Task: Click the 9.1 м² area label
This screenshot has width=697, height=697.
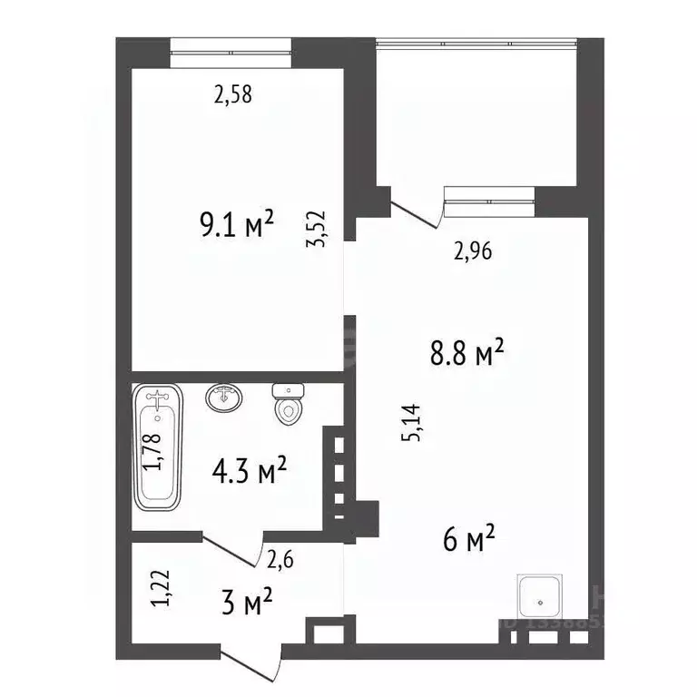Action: point(237,223)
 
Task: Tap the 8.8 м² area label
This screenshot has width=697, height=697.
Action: point(466,352)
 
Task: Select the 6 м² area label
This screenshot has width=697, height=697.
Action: point(468,541)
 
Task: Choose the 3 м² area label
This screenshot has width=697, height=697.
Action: point(247,601)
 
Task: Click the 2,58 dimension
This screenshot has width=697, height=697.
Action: point(232,93)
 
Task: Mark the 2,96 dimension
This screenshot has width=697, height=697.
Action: point(472,252)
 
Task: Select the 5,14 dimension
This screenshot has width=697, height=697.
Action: point(414,423)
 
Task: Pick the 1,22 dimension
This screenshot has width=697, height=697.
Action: point(161,588)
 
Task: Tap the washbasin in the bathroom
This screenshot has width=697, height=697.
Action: point(224,398)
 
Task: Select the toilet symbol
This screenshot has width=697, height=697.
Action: point(289,404)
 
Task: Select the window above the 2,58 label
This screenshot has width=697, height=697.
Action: point(231,53)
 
